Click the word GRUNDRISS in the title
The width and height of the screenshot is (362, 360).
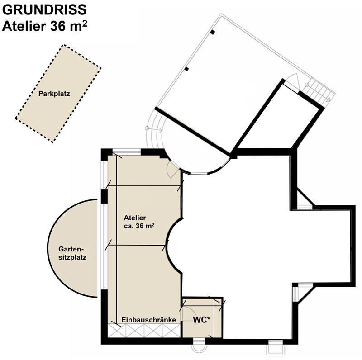pos(44,9)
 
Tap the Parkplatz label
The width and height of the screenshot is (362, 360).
pos(54,94)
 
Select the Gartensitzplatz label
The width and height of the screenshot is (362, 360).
pos(72,253)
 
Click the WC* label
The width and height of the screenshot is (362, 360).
pos(201,320)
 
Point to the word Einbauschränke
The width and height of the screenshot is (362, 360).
pos(149,320)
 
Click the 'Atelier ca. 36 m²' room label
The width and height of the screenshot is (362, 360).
pos(139,222)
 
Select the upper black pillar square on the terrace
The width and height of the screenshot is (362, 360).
pos(212,32)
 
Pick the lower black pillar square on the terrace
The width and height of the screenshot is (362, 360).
pos(186,69)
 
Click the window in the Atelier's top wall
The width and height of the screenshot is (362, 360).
pos(127,152)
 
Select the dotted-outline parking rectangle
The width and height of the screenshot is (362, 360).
pos(58,94)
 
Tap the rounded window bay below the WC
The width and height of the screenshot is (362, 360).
pos(199,345)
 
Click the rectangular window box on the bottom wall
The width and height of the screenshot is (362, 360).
pos(276,347)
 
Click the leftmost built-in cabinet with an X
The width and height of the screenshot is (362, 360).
pos(117,331)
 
